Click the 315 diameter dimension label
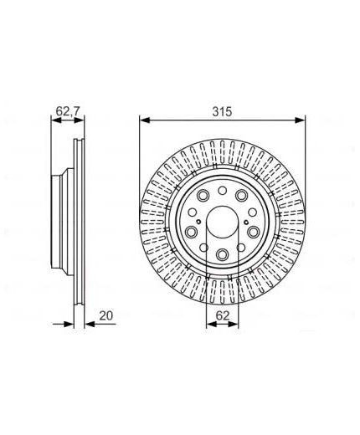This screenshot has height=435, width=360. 222,112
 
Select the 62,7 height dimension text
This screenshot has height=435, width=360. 68,111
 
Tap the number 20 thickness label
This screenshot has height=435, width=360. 106,315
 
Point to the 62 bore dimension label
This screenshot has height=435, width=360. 223,315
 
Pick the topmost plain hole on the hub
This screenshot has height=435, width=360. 222,191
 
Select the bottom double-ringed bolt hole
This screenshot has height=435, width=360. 222,253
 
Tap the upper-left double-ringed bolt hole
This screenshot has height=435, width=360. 203,195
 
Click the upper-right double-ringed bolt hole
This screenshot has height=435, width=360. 241,195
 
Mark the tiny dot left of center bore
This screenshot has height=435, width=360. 198,222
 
